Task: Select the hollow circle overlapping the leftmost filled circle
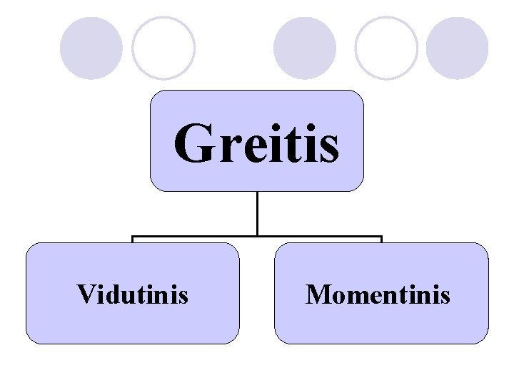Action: (164, 48)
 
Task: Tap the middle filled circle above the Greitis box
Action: (305, 48)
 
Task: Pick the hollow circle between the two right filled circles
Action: (386, 48)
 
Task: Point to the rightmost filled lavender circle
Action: (458, 48)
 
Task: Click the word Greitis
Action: (256, 143)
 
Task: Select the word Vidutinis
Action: (132, 294)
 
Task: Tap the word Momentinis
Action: (378, 294)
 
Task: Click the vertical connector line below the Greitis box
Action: (257, 213)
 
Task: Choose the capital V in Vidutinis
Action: (85, 294)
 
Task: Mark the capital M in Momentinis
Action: (317, 294)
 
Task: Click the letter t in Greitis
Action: (296, 145)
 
